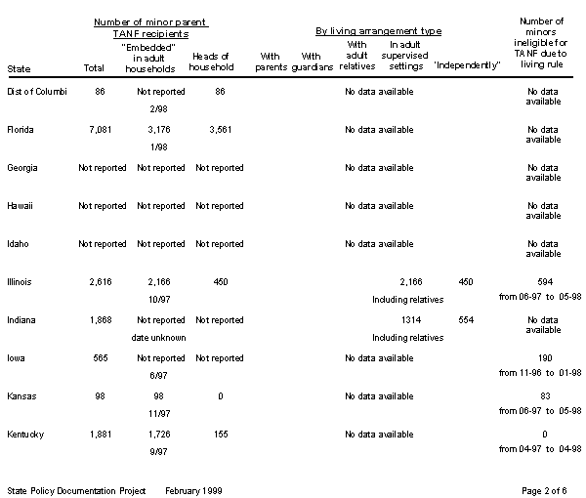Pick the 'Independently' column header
464,67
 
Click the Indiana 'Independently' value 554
465,320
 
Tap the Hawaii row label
20,206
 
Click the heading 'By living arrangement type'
376,31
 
